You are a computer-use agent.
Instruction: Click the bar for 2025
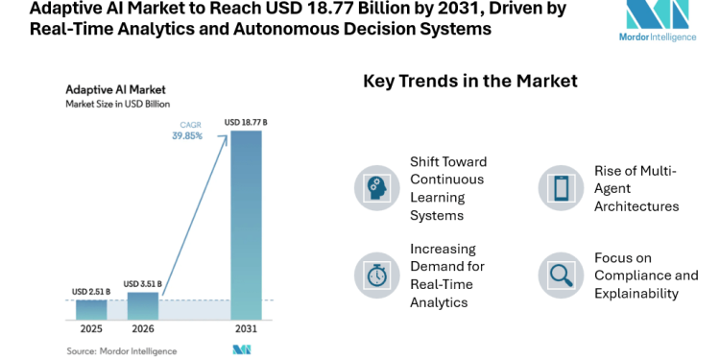tap(91, 308)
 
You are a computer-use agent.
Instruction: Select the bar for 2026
tap(143, 305)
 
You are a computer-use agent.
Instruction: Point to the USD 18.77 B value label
tap(246, 123)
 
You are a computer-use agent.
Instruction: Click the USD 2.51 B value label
tap(91, 291)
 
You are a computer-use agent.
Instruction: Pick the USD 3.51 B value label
tap(143, 284)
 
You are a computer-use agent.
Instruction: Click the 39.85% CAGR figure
tap(187, 136)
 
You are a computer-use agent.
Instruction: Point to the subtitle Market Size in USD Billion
tap(118, 103)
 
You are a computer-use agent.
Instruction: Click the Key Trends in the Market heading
tap(469, 81)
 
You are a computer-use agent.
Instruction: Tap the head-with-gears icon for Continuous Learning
tap(376, 187)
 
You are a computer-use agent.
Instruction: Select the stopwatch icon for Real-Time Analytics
tap(376, 275)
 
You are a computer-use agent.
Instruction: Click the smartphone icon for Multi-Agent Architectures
tap(561, 187)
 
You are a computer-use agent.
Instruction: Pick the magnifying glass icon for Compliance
tap(561, 275)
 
